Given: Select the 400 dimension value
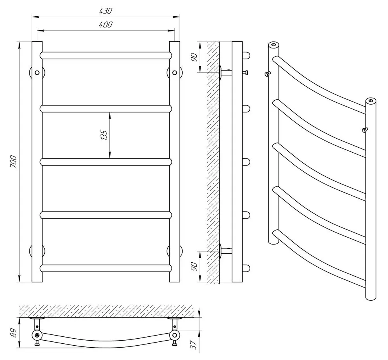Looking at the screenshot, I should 106,24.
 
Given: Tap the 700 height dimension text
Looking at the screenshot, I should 13,161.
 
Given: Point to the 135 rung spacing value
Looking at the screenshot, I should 104,135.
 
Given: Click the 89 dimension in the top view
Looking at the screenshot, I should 14,332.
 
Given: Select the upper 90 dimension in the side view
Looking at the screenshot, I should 195,57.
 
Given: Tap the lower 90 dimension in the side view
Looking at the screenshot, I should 195,267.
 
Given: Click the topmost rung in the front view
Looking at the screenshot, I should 106,55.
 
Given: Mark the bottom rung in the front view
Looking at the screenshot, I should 106,268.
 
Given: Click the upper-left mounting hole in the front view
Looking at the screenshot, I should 37,72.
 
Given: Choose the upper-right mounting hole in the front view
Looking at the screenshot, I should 174,72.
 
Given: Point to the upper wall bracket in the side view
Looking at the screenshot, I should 225,72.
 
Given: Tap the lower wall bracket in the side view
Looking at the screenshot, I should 225,250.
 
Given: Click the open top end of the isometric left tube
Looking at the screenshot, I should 274,45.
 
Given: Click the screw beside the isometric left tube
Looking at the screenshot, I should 267,74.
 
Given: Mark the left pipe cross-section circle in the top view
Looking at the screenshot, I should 37,335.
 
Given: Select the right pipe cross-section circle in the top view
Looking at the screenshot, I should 175,335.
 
